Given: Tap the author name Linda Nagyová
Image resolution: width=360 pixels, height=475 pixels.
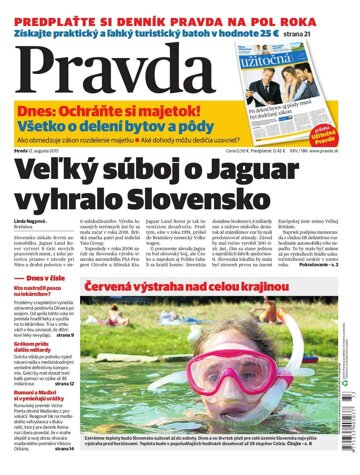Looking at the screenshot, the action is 30,219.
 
